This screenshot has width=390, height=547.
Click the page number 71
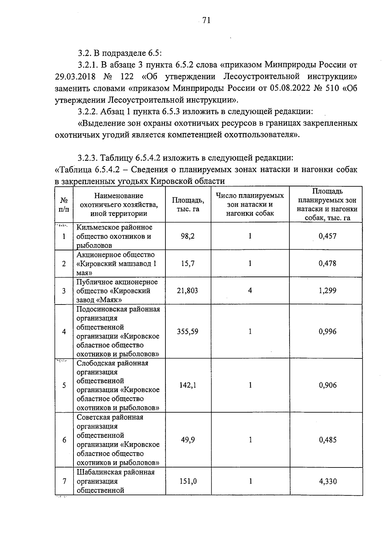click(206, 21)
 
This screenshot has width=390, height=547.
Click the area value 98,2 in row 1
click(188, 236)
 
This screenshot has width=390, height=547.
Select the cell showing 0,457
click(327, 236)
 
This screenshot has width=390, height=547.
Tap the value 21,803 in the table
click(188, 291)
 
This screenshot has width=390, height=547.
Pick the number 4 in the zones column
click(250, 291)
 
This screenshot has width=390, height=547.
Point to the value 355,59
click(188, 331)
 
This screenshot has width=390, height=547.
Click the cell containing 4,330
click(327, 481)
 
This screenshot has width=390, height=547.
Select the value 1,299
click(327, 291)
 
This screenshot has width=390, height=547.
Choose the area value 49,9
click(188, 440)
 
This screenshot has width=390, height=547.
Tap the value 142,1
click(188, 385)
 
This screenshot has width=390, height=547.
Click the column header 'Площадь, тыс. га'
click(188, 205)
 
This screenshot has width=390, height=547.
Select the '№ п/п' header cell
click(64, 205)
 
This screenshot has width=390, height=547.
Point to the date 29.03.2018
click(75, 77)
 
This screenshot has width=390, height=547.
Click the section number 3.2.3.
click(88, 158)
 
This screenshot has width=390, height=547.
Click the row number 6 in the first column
click(64, 440)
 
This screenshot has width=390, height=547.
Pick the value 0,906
click(327, 385)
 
